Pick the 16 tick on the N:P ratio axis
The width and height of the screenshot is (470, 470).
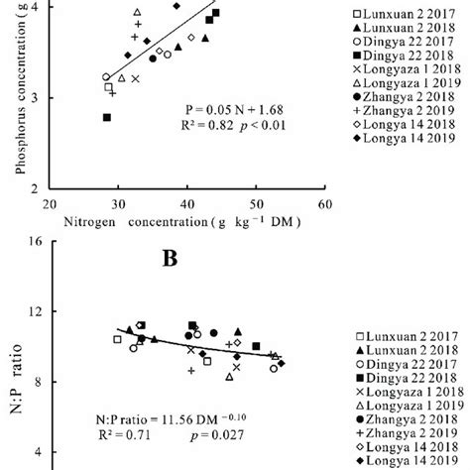(32, 242)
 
